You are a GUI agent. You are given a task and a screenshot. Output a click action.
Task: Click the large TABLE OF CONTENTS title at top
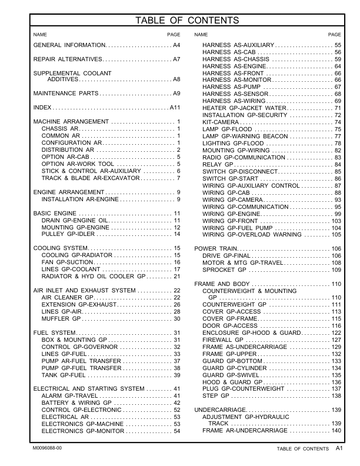[187, 21]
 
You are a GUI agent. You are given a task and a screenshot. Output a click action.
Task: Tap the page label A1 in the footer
[339, 448]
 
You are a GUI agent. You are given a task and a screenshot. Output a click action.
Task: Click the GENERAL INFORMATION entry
[69, 45]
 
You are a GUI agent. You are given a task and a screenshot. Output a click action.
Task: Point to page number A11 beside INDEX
[175, 108]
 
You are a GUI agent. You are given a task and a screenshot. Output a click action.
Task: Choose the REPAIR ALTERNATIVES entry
[68, 60]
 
